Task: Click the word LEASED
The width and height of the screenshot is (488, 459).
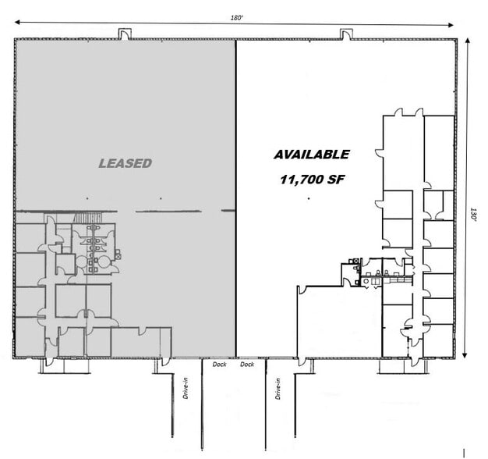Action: tap(125, 163)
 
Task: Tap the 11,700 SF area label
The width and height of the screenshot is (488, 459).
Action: tap(312, 179)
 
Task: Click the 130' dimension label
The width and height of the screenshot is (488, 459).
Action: tap(472, 215)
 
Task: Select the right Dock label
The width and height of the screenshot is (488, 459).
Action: tap(247, 365)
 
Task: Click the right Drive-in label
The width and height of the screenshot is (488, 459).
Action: tap(278, 388)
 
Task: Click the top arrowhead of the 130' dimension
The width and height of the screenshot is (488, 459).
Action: tap(466, 42)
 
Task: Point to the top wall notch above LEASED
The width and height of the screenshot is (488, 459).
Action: tap(125, 33)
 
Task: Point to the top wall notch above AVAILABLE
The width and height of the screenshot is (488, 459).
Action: tap(345, 33)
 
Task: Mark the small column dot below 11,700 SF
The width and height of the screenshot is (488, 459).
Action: tap(309, 199)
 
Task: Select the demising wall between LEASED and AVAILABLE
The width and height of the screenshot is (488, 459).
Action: tap(236, 195)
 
